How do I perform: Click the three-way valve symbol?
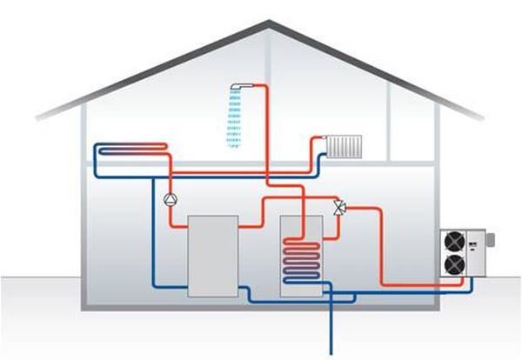tap(340, 207)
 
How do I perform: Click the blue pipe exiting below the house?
tap(331, 330)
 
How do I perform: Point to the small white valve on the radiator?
tap(324, 138)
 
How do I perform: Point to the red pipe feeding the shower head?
tap(265, 130)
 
